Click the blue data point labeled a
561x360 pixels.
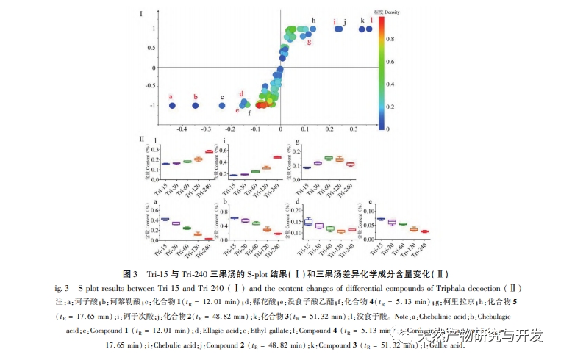click(x=172, y=106)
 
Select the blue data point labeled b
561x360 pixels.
click(x=196, y=106)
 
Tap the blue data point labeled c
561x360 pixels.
click(x=222, y=106)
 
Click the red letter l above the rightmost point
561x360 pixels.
click(x=371, y=20)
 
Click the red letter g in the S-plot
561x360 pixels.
click(x=309, y=41)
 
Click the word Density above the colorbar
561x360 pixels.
click(x=386, y=12)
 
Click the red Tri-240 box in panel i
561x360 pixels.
click(x=278, y=156)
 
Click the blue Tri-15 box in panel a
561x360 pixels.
click(x=165, y=219)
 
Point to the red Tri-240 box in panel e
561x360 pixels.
click(x=425, y=231)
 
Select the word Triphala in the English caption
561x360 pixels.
click(x=440, y=288)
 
